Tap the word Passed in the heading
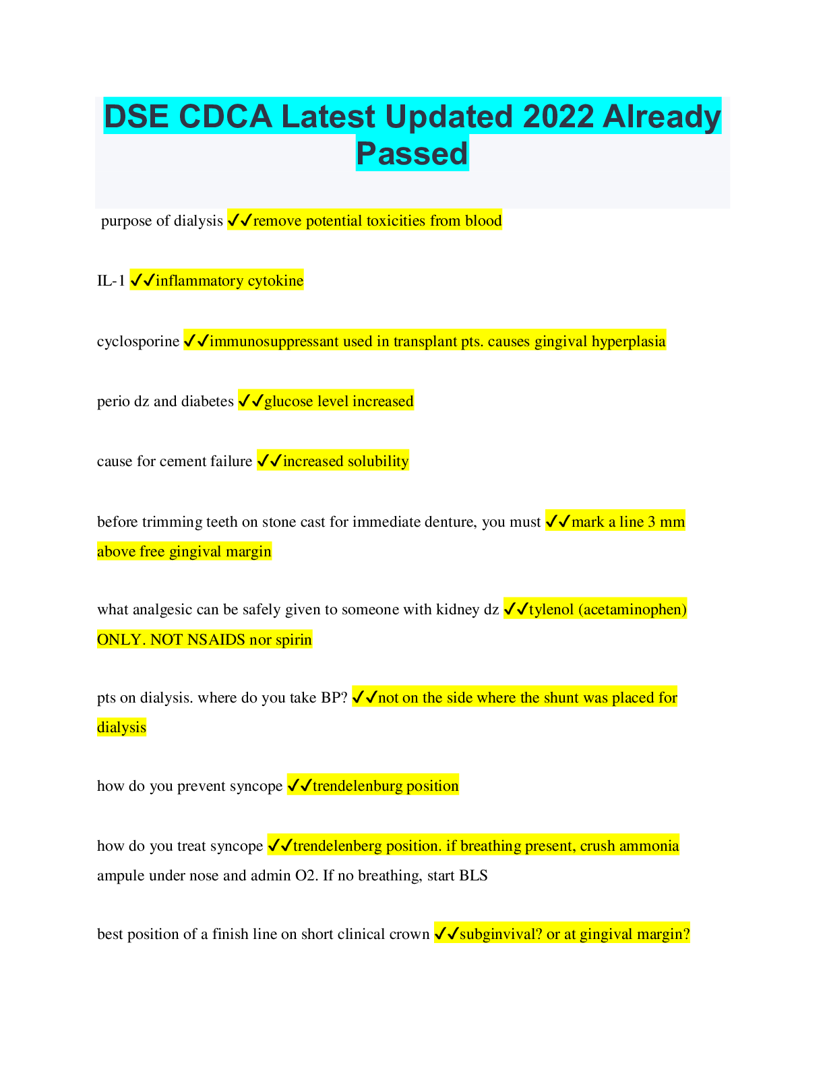[412, 153]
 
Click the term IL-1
[111, 281]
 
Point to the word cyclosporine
[138, 342]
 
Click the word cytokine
[276, 281]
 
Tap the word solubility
[378, 461]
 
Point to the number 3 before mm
[652, 522]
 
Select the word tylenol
[551, 610]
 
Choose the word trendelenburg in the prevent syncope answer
[361, 786]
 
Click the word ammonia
[654, 846]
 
